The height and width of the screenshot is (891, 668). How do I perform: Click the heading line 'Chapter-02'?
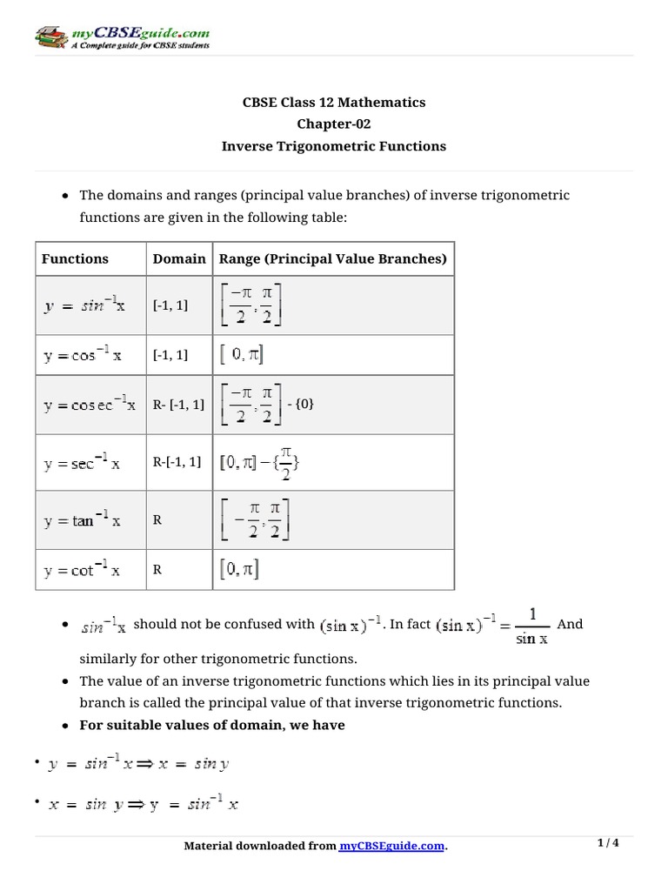[333, 124]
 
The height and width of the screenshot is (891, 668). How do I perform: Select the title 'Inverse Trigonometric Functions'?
[333, 146]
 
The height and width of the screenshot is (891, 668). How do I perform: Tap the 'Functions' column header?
[75, 258]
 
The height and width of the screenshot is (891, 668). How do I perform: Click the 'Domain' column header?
[179, 258]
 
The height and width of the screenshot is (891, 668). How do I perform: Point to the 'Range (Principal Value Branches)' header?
[332, 258]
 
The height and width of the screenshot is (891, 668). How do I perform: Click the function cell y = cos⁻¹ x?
[83, 356]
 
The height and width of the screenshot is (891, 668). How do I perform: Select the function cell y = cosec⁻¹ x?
[90, 405]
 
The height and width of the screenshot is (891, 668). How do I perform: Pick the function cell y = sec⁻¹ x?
[83, 462]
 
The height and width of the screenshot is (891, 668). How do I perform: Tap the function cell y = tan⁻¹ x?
[83, 520]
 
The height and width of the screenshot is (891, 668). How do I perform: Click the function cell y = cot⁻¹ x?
[83, 571]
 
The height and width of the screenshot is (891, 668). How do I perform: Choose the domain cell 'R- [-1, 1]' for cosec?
[179, 405]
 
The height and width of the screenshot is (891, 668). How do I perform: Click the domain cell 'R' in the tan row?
[157, 520]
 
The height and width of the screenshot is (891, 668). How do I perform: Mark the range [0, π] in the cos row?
[243, 355]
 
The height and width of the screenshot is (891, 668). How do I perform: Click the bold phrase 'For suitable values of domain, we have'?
[212, 725]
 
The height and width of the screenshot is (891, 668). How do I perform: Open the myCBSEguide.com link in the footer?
[391, 846]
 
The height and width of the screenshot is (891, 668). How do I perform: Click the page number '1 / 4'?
[608, 843]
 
